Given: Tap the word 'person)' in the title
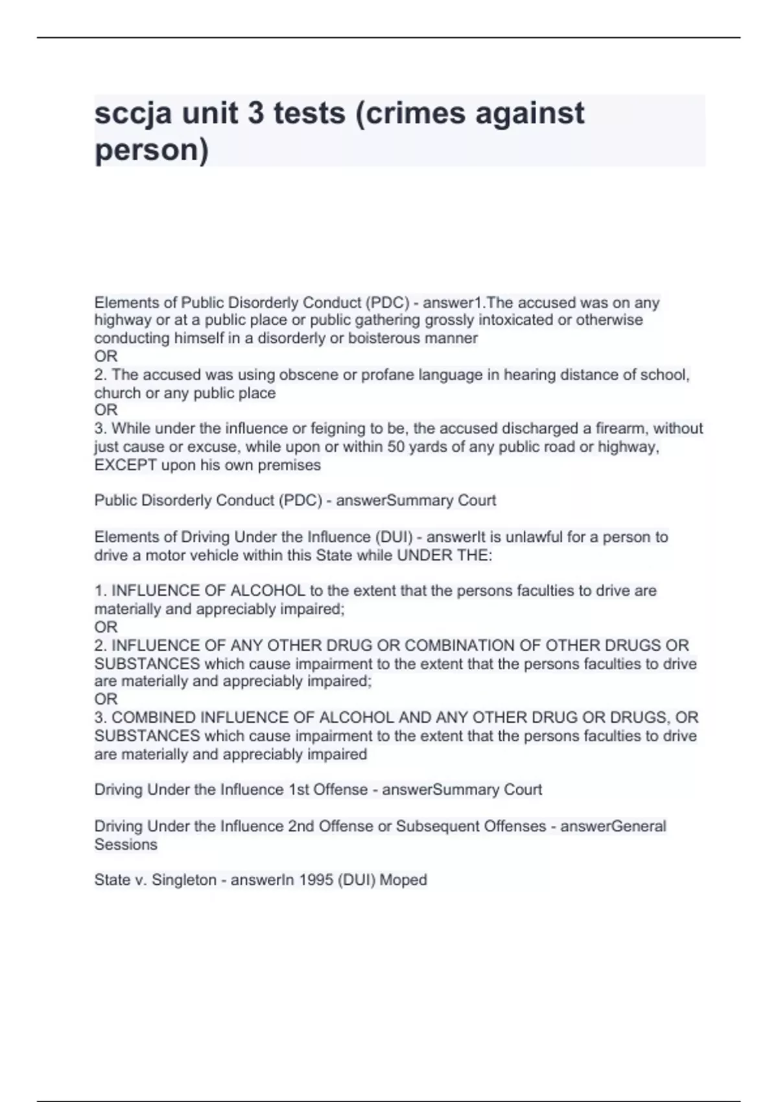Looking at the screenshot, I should tap(152, 150).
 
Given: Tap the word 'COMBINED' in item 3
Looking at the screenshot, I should tap(154, 718).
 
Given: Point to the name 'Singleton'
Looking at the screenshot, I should tap(184, 880).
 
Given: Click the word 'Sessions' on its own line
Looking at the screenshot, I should tap(126, 844).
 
